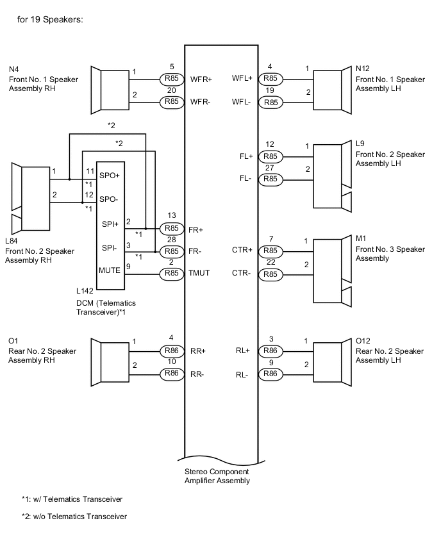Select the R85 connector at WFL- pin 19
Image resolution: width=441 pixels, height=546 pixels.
[270, 102]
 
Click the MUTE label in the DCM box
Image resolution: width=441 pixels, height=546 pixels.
[110, 270]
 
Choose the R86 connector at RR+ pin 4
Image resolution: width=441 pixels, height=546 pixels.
[171, 351]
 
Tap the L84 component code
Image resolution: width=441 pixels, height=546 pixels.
[12, 240]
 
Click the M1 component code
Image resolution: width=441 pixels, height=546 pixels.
[361, 238]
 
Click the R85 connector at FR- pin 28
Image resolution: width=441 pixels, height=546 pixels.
[171, 251]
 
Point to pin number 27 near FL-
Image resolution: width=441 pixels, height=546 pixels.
[270, 169]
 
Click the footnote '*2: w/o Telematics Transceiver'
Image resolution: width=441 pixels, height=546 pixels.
[74, 517]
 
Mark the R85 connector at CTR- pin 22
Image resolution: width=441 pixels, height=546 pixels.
[270, 274]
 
